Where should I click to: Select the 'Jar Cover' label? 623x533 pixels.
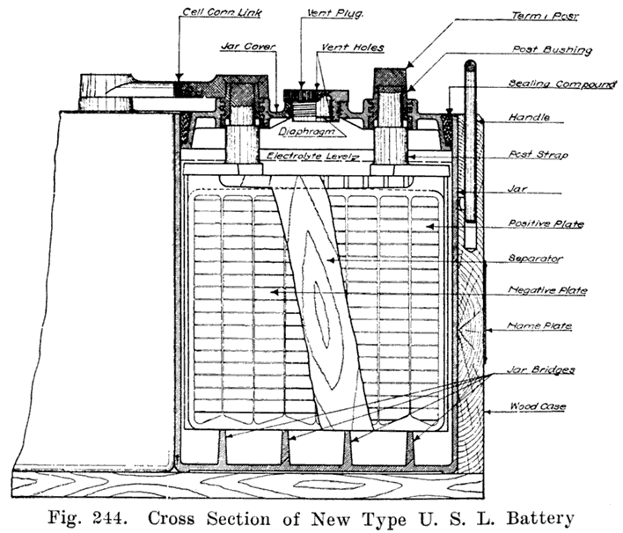click(240, 46)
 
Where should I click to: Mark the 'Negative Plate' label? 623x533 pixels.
click(548, 290)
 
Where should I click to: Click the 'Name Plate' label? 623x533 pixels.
click(540, 326)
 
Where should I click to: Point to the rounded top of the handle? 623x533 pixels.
click(471, 66)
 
